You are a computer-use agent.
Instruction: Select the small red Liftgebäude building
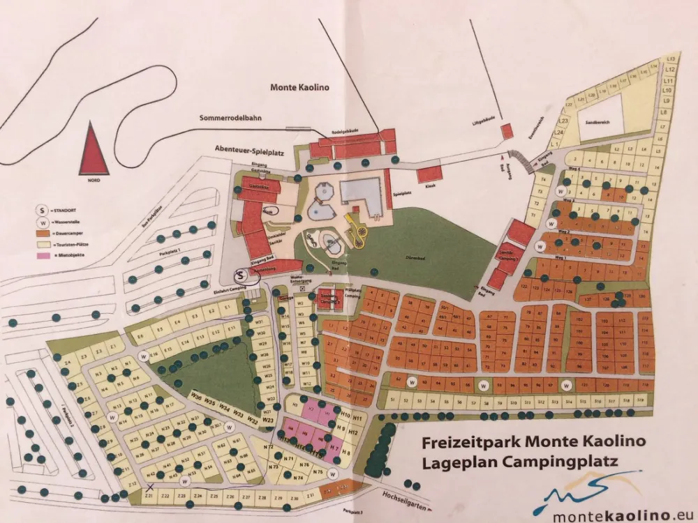(507, 130)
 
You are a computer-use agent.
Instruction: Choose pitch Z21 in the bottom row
(148, 495)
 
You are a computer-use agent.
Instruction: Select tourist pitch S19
(639, 401)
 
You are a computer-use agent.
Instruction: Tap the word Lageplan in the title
(457, 461)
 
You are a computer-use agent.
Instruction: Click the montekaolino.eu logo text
(614, 515)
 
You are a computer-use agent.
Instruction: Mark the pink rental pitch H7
(334, 446)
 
